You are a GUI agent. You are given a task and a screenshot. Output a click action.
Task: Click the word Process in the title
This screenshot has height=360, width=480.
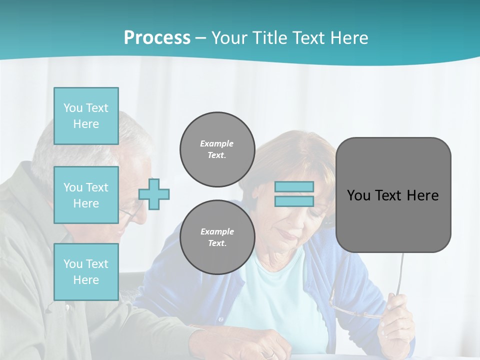[157, 38]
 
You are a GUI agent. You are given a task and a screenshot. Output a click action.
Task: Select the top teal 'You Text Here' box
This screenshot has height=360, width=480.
[86, 116]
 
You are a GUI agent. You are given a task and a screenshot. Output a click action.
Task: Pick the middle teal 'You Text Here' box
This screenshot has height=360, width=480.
[86, 195]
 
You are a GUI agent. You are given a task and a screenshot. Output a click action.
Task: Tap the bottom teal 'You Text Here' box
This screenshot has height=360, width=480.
[86, 272]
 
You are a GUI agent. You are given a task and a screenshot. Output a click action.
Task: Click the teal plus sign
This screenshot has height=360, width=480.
[154, 193]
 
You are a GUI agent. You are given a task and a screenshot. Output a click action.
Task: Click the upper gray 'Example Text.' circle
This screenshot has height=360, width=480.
[217, 149]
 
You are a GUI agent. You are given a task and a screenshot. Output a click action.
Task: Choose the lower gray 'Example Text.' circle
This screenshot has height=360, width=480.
[217, 237]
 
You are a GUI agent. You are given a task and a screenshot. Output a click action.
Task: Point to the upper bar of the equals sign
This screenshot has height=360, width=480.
[294, 186]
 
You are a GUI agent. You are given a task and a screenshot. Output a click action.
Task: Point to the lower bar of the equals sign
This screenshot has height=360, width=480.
[294, 201]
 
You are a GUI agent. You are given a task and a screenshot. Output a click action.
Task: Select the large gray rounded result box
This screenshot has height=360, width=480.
[393, 225]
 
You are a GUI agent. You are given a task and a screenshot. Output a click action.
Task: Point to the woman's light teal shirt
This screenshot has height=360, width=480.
[280, 300]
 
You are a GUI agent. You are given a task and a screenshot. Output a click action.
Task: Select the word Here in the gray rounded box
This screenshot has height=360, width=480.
[422, 195]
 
